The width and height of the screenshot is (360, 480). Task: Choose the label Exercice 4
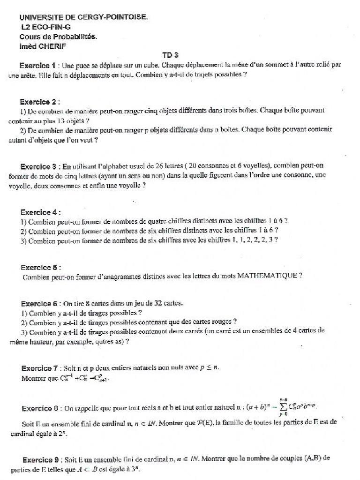[x=38, y=211]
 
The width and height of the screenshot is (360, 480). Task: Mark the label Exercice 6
[x=39, y=303]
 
